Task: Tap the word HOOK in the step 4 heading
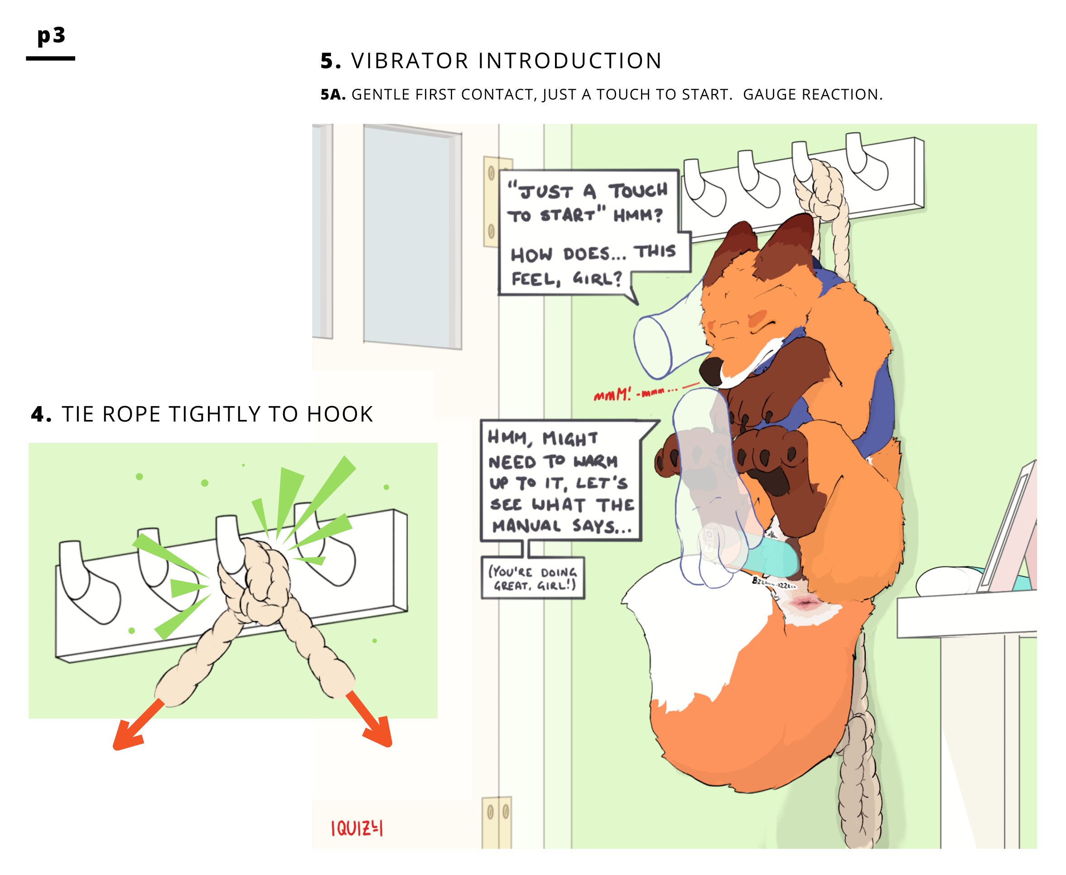tap(340, 414)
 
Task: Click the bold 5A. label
tap(333, 95)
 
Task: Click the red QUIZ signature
tap(357, 828)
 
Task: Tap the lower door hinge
tap(497, 821)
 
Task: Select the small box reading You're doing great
tap(533, 578)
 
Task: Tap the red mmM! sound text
tap(613, 395)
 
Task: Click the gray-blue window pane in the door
tap(408, 237)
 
